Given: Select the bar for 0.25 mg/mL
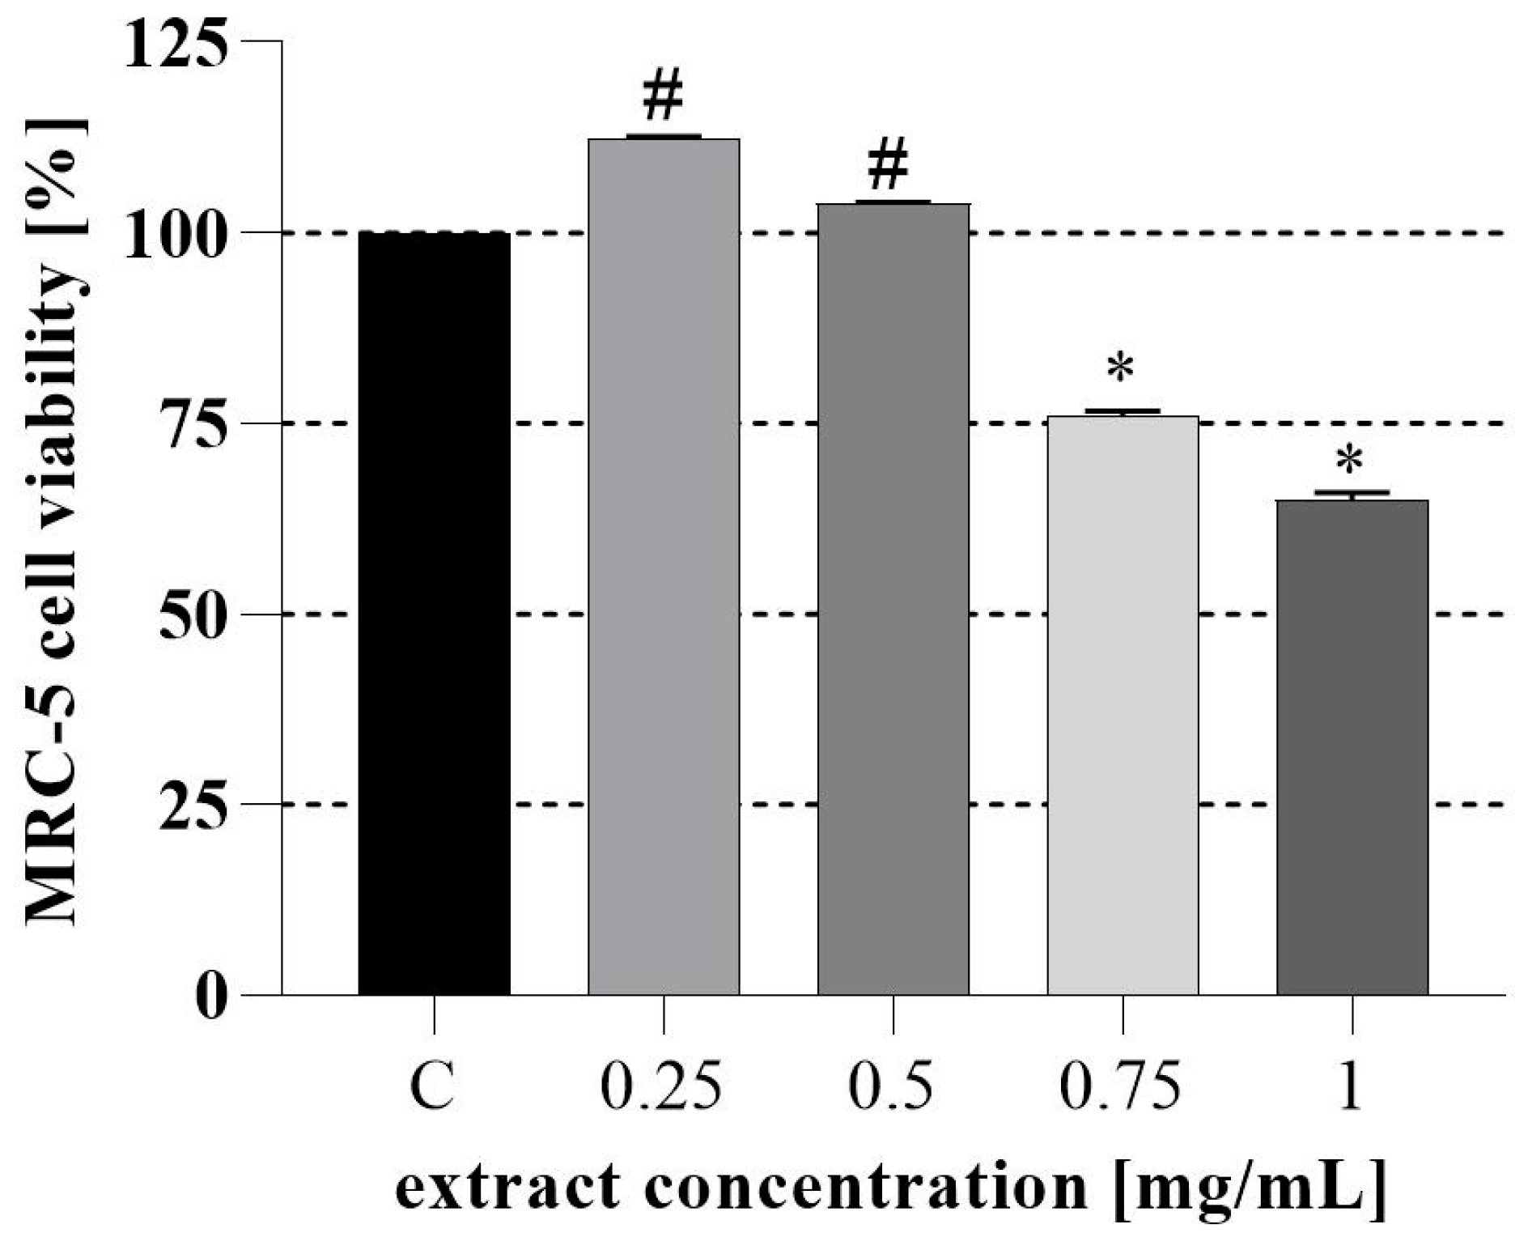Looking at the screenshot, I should coord(664,567).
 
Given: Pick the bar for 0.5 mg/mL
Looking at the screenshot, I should coord(893,599).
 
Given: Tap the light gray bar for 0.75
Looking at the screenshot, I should coord(1123,704).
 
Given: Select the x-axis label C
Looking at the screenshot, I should coord(432,1087).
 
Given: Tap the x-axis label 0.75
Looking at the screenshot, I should coord(1121,1087).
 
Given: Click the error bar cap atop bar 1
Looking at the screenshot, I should coord(1352,491).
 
